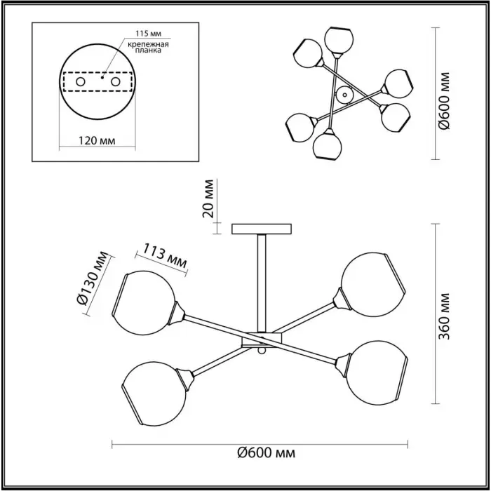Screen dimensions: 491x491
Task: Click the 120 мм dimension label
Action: pos(97,140)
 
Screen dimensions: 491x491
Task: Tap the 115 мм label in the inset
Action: pos(149,33)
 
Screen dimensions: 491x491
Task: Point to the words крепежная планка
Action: pos(148,47)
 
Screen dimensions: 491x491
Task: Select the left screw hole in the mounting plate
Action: pos(81,82)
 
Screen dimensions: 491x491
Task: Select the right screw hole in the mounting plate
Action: pos(116,82)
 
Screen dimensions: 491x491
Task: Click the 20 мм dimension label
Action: pos(208,199)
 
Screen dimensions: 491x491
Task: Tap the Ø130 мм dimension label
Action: pos(92,278)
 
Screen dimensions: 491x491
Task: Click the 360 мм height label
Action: pos(444,316)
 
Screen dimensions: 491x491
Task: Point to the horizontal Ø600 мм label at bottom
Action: pos(266,453)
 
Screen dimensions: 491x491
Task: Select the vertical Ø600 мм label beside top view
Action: pos(444,100)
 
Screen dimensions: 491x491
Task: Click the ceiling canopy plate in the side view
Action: pos(262,229)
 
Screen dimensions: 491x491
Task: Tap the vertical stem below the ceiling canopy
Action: pos(262,283)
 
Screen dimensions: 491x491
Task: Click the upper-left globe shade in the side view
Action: pos(144,303)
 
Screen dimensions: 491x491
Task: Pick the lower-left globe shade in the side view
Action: pos(154,394)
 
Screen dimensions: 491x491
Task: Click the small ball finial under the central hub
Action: pos(262,351)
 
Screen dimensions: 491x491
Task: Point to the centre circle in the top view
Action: pos(345,95)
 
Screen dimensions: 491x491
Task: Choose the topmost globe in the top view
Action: pos(339,39)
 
